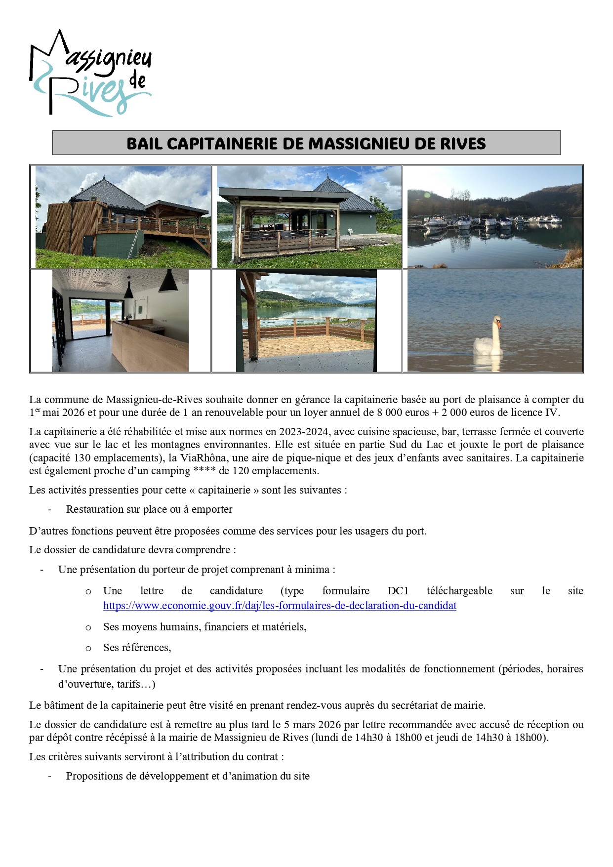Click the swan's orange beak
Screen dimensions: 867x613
click(x=499, y=325)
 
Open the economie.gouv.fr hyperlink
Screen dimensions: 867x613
click(x=280, y=606)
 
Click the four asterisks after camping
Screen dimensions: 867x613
click(x=204, y=471)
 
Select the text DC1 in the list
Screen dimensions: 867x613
click(x=398, y=591)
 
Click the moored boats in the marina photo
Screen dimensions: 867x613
click(x=489, y=221)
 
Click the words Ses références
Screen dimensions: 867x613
click(x=137, y=648)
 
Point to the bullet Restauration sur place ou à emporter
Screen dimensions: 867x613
click(x=149, y=509)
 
